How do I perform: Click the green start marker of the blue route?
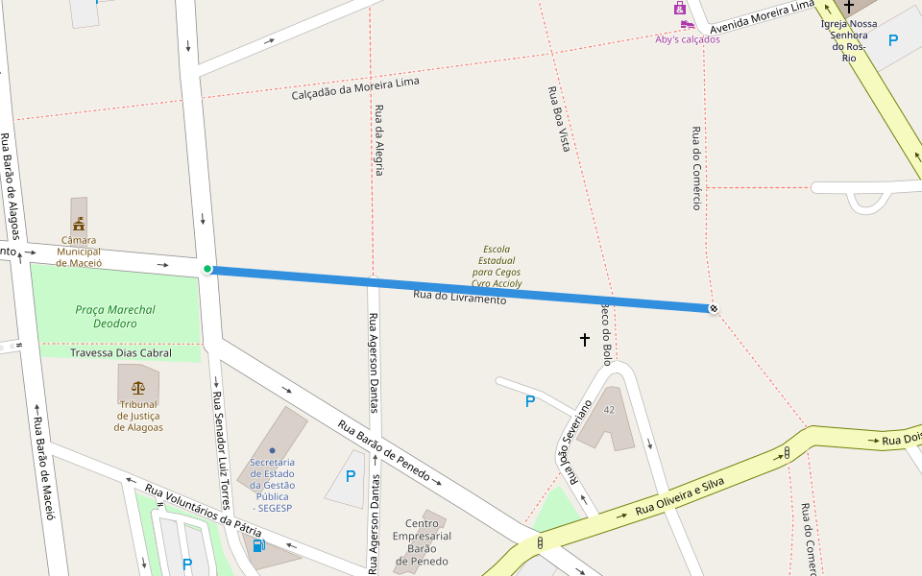click(x=207, y=269)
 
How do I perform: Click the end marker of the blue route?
click(x=714, y=309)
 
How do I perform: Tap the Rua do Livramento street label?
click(x=459, y=298)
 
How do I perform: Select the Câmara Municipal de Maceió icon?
click(x=79, y=224)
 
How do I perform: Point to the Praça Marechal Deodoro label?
click(x=115, y=317)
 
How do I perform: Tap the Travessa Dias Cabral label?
click(x=121, y=353)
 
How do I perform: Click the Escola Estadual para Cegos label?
click(x=496, y=267)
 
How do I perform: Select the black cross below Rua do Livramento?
click(x=585, y=339)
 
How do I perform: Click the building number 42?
click(x=609, y=410)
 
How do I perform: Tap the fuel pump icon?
click(x=258, y=545)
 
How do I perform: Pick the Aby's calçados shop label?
click(x=688, y=39)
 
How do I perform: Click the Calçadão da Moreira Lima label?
click(x=355, y=89)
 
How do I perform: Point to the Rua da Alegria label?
click(x=379, y=139)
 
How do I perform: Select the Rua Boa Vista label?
click(x=559, y=119)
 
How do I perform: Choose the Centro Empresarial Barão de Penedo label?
click(x=422, y=542)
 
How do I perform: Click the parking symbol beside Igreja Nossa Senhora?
click(x=893, y=40)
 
